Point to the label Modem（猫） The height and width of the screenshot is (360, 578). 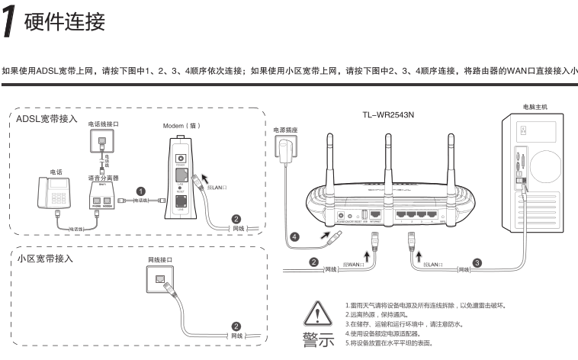[181, 125]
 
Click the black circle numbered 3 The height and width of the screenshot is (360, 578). [477, 262]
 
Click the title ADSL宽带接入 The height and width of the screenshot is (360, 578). [48, 120]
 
